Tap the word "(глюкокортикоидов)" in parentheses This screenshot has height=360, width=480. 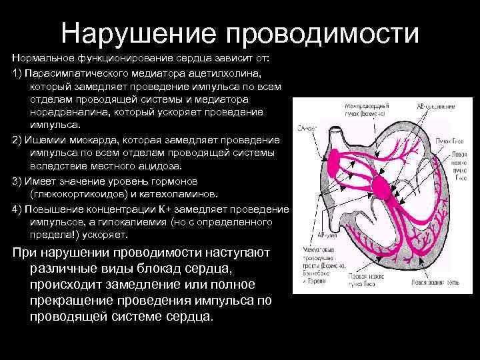click(x=81, y=194)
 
